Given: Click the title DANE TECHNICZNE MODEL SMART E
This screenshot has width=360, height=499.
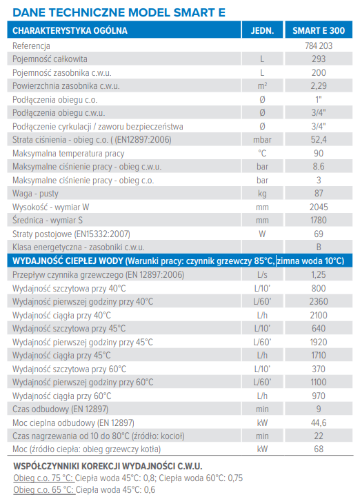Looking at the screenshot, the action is (119, 12).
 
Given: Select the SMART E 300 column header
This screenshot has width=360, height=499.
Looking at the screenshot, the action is (319, 30).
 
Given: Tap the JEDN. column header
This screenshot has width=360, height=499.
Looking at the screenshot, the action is (262, 30).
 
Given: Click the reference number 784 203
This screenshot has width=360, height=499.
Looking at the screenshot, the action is (319, 45).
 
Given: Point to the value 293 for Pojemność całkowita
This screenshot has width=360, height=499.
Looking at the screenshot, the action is (319, 59).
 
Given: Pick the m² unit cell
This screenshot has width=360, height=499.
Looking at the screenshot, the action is (262, 86).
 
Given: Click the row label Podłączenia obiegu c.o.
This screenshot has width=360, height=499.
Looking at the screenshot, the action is (54, 100).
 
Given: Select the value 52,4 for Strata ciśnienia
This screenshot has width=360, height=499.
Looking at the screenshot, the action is (319, 140).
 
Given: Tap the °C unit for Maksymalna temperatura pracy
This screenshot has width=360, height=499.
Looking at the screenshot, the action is (262, 154).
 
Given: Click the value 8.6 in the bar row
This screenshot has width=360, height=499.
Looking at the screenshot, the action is (319, 167).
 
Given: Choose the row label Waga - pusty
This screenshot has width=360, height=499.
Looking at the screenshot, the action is (35, 194).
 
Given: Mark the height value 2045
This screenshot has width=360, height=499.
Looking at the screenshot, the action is (319, 207).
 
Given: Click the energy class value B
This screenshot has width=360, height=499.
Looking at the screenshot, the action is (319, 247).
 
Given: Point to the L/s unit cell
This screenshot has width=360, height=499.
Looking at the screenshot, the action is (262, 274).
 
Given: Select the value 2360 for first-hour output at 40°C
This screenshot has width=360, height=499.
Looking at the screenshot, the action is (319, 301).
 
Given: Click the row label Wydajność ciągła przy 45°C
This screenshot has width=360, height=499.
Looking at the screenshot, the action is (61, 356).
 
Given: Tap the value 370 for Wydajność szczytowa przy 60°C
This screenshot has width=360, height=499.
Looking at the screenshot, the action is (319, 369).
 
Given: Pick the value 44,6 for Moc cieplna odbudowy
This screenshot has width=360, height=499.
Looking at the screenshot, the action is (319, 422).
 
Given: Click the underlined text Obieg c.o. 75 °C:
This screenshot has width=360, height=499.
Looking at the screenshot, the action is (43, 478).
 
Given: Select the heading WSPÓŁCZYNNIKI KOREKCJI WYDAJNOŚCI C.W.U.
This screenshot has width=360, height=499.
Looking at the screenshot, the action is (108, 466).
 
